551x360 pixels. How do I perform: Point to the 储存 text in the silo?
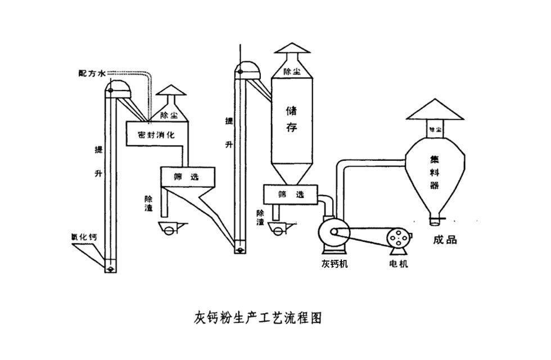(x=291, y=118)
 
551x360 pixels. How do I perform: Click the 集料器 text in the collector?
(x=435, y=172)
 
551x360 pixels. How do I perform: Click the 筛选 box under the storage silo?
(x=291, y=195)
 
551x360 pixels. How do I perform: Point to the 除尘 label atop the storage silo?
(x=291, y=71)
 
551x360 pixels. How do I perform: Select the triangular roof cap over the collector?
(x=435, y=110)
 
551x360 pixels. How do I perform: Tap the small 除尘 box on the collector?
(x=435, y=129)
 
